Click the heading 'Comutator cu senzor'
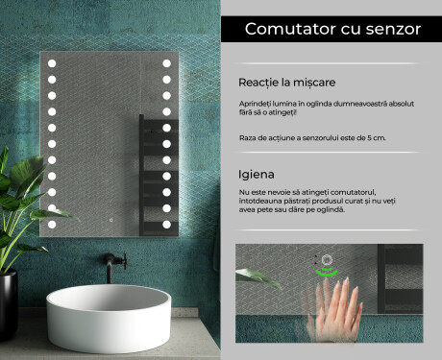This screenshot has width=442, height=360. coord(332,29)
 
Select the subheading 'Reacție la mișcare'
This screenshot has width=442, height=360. coord(286,83)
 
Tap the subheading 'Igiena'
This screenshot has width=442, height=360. coord(257,175)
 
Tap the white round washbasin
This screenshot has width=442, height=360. coord(109,318)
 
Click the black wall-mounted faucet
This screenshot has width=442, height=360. coord(114,266)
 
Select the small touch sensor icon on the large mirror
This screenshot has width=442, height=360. coord(111,220)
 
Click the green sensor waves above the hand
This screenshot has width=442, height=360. coord(327,273)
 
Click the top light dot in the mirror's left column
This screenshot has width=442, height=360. coord(52,63)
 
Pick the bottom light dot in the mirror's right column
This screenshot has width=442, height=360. coord(166,225)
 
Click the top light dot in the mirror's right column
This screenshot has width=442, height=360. coord(166,63)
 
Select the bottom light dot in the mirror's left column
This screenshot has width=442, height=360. coord(52,225)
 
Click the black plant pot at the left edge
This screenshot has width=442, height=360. coord(8,304)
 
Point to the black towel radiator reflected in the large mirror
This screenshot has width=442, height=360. coord(159,176)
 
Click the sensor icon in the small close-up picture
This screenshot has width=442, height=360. coord(327,259)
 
